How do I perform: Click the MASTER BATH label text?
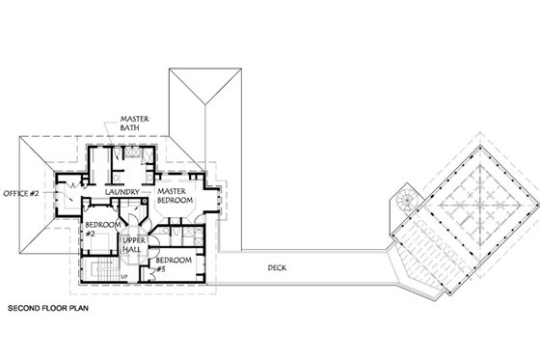[132, 125]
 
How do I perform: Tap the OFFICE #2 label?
[20, 192]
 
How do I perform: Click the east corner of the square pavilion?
[530, 208]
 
